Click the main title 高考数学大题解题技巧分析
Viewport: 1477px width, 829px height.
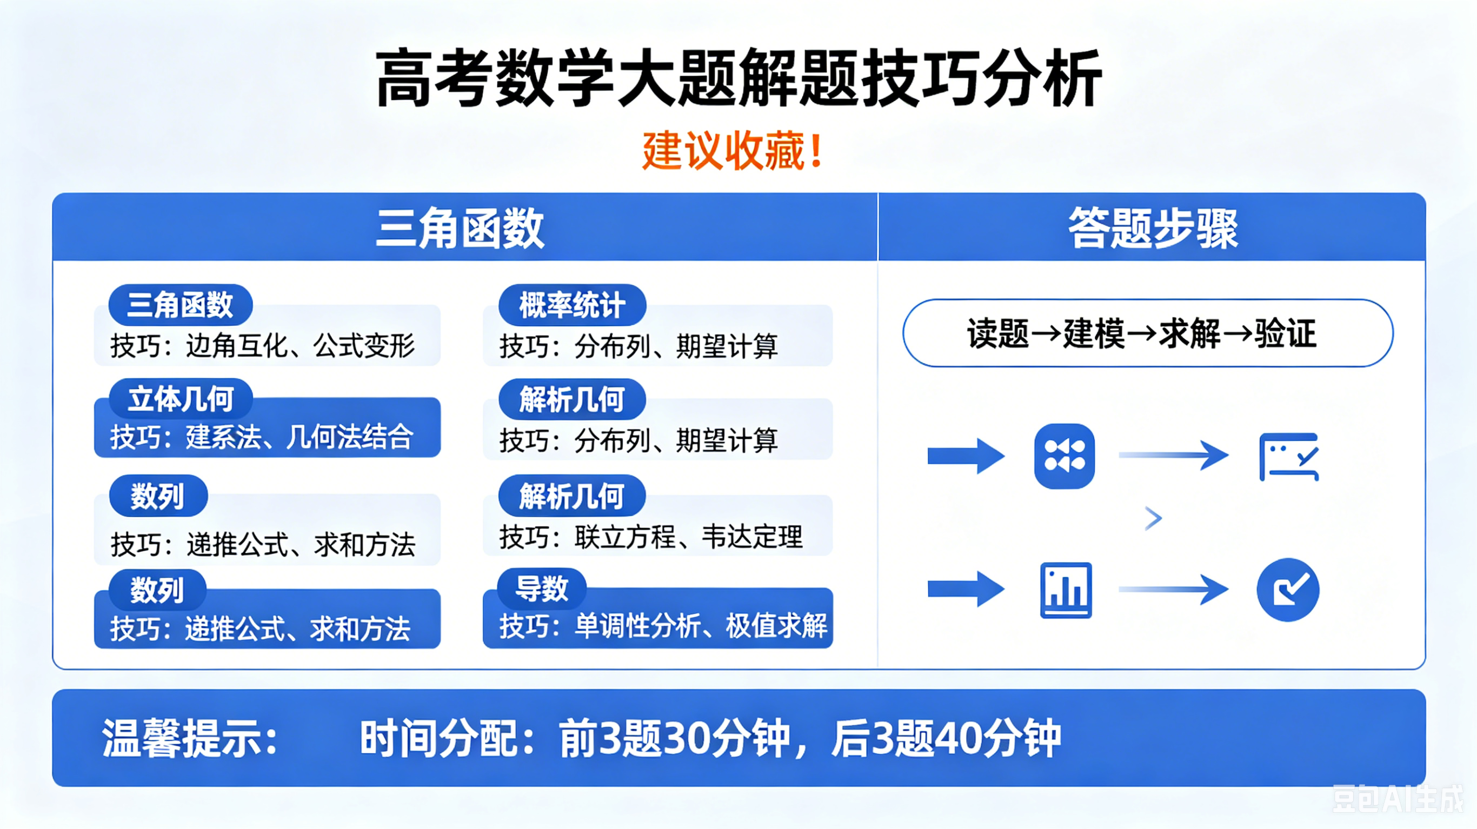click(738, 78)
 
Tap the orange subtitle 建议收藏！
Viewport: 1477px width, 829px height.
click(733, 151)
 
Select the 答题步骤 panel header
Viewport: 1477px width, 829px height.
click(1153, 228)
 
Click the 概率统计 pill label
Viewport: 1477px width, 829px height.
click(572, 304)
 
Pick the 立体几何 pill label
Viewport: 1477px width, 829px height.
click(181, 399)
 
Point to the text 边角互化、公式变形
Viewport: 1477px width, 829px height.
click(300, 346)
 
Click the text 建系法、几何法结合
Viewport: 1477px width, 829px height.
click(300, 437)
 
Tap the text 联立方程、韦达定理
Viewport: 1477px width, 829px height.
click(689, 537)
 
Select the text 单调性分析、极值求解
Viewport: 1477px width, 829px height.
click(701, 625)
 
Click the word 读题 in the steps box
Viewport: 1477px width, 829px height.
click(997, 333)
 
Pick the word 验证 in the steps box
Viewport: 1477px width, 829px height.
click(1286, 333)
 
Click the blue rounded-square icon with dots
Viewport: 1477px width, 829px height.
click(1064, 456)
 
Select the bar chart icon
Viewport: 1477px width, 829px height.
click(1066, 590)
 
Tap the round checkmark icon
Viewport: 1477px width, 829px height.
click(1288, 590)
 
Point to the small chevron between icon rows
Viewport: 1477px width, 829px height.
click(1153, 518)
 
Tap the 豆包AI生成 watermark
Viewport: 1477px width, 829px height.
click(1398, 799)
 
